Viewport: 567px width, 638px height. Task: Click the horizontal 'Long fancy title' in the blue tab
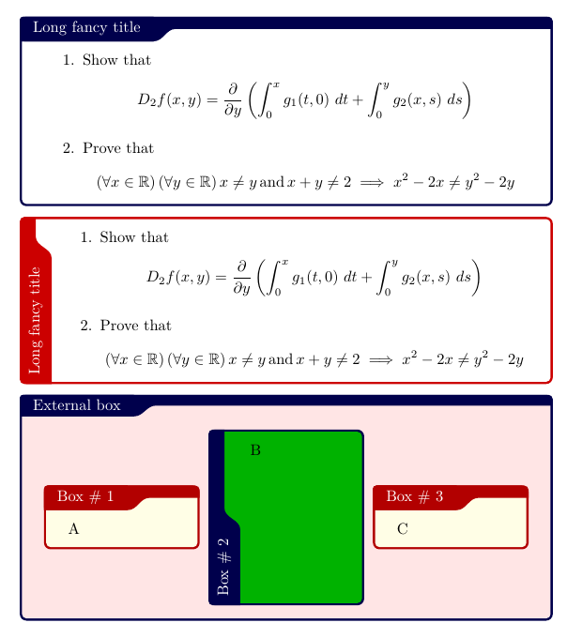(x=86, y=27)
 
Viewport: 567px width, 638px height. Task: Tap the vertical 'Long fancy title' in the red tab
(x=36, y=319)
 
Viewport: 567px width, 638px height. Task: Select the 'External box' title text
(x=77, y=405)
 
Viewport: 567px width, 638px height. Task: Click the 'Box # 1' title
(x=85, y=496)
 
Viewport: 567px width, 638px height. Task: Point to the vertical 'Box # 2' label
(x=223, y=566)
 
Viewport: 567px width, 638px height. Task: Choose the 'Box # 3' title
(x=414, y=496)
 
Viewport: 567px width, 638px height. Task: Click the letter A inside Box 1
(x=74, y=528)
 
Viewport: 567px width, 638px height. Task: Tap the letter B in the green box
(x=255, y=450)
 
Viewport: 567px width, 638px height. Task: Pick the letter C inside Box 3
(x=403, y=528)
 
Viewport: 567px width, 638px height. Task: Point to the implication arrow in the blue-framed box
(x=372, y=183)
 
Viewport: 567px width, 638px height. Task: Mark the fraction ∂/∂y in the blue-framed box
(x=233, y=99)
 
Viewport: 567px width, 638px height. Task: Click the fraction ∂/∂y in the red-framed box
(x=241, y=276)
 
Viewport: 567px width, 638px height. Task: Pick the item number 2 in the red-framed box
(x=85, y=327)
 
